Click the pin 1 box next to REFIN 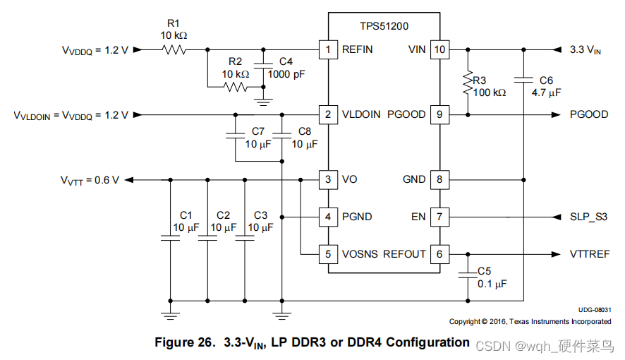[327, 49]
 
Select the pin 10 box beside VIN [439, 49]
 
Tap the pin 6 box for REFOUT [439, 253]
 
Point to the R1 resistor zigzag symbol [173, 49]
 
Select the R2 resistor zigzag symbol [236, 88]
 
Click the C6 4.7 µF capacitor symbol [523, 79]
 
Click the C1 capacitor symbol [170, 239]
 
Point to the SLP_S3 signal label [588, 217]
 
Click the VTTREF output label [590, 254]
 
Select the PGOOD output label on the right [589, 114]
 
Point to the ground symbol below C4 [263, 101]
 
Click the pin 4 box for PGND [327, 217]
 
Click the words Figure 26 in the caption [186, 343]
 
